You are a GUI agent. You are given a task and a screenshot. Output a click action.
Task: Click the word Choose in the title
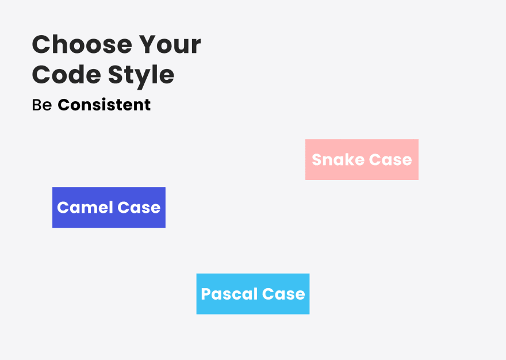[x=82, y=44]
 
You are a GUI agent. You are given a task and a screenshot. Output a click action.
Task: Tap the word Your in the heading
[x=170, y=44]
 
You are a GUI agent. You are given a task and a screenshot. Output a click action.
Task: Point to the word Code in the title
[x=67, y=75]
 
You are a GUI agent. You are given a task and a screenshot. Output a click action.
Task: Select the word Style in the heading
[x=141, y=76]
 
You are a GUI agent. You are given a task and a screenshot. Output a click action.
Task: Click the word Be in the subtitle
[x=42, y=105]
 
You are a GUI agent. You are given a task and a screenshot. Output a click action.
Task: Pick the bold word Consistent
[x=104, y=105]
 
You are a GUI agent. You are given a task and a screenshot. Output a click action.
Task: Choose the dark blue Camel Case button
[x=109, y=207]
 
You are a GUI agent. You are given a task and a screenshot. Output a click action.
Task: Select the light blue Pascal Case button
[x=253, y=294]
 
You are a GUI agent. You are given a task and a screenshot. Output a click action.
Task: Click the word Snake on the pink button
[x=338, y=159]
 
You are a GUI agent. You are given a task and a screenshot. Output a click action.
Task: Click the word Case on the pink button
[x=390, y=160]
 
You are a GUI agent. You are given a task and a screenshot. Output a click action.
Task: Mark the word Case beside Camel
[x=139, y=208]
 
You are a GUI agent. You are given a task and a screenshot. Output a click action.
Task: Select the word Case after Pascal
[x=283, y=294]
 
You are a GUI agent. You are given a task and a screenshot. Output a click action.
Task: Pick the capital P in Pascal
[x=206, y=294]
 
